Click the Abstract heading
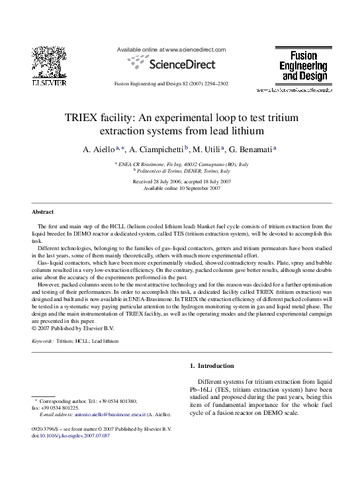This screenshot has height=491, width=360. (44, 212)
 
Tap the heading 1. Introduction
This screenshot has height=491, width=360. (212, 366)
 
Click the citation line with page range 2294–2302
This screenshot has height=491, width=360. (171, 84)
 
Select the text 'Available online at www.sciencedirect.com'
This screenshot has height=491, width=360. (171, 50)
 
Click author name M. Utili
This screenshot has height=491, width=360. (210, 149)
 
